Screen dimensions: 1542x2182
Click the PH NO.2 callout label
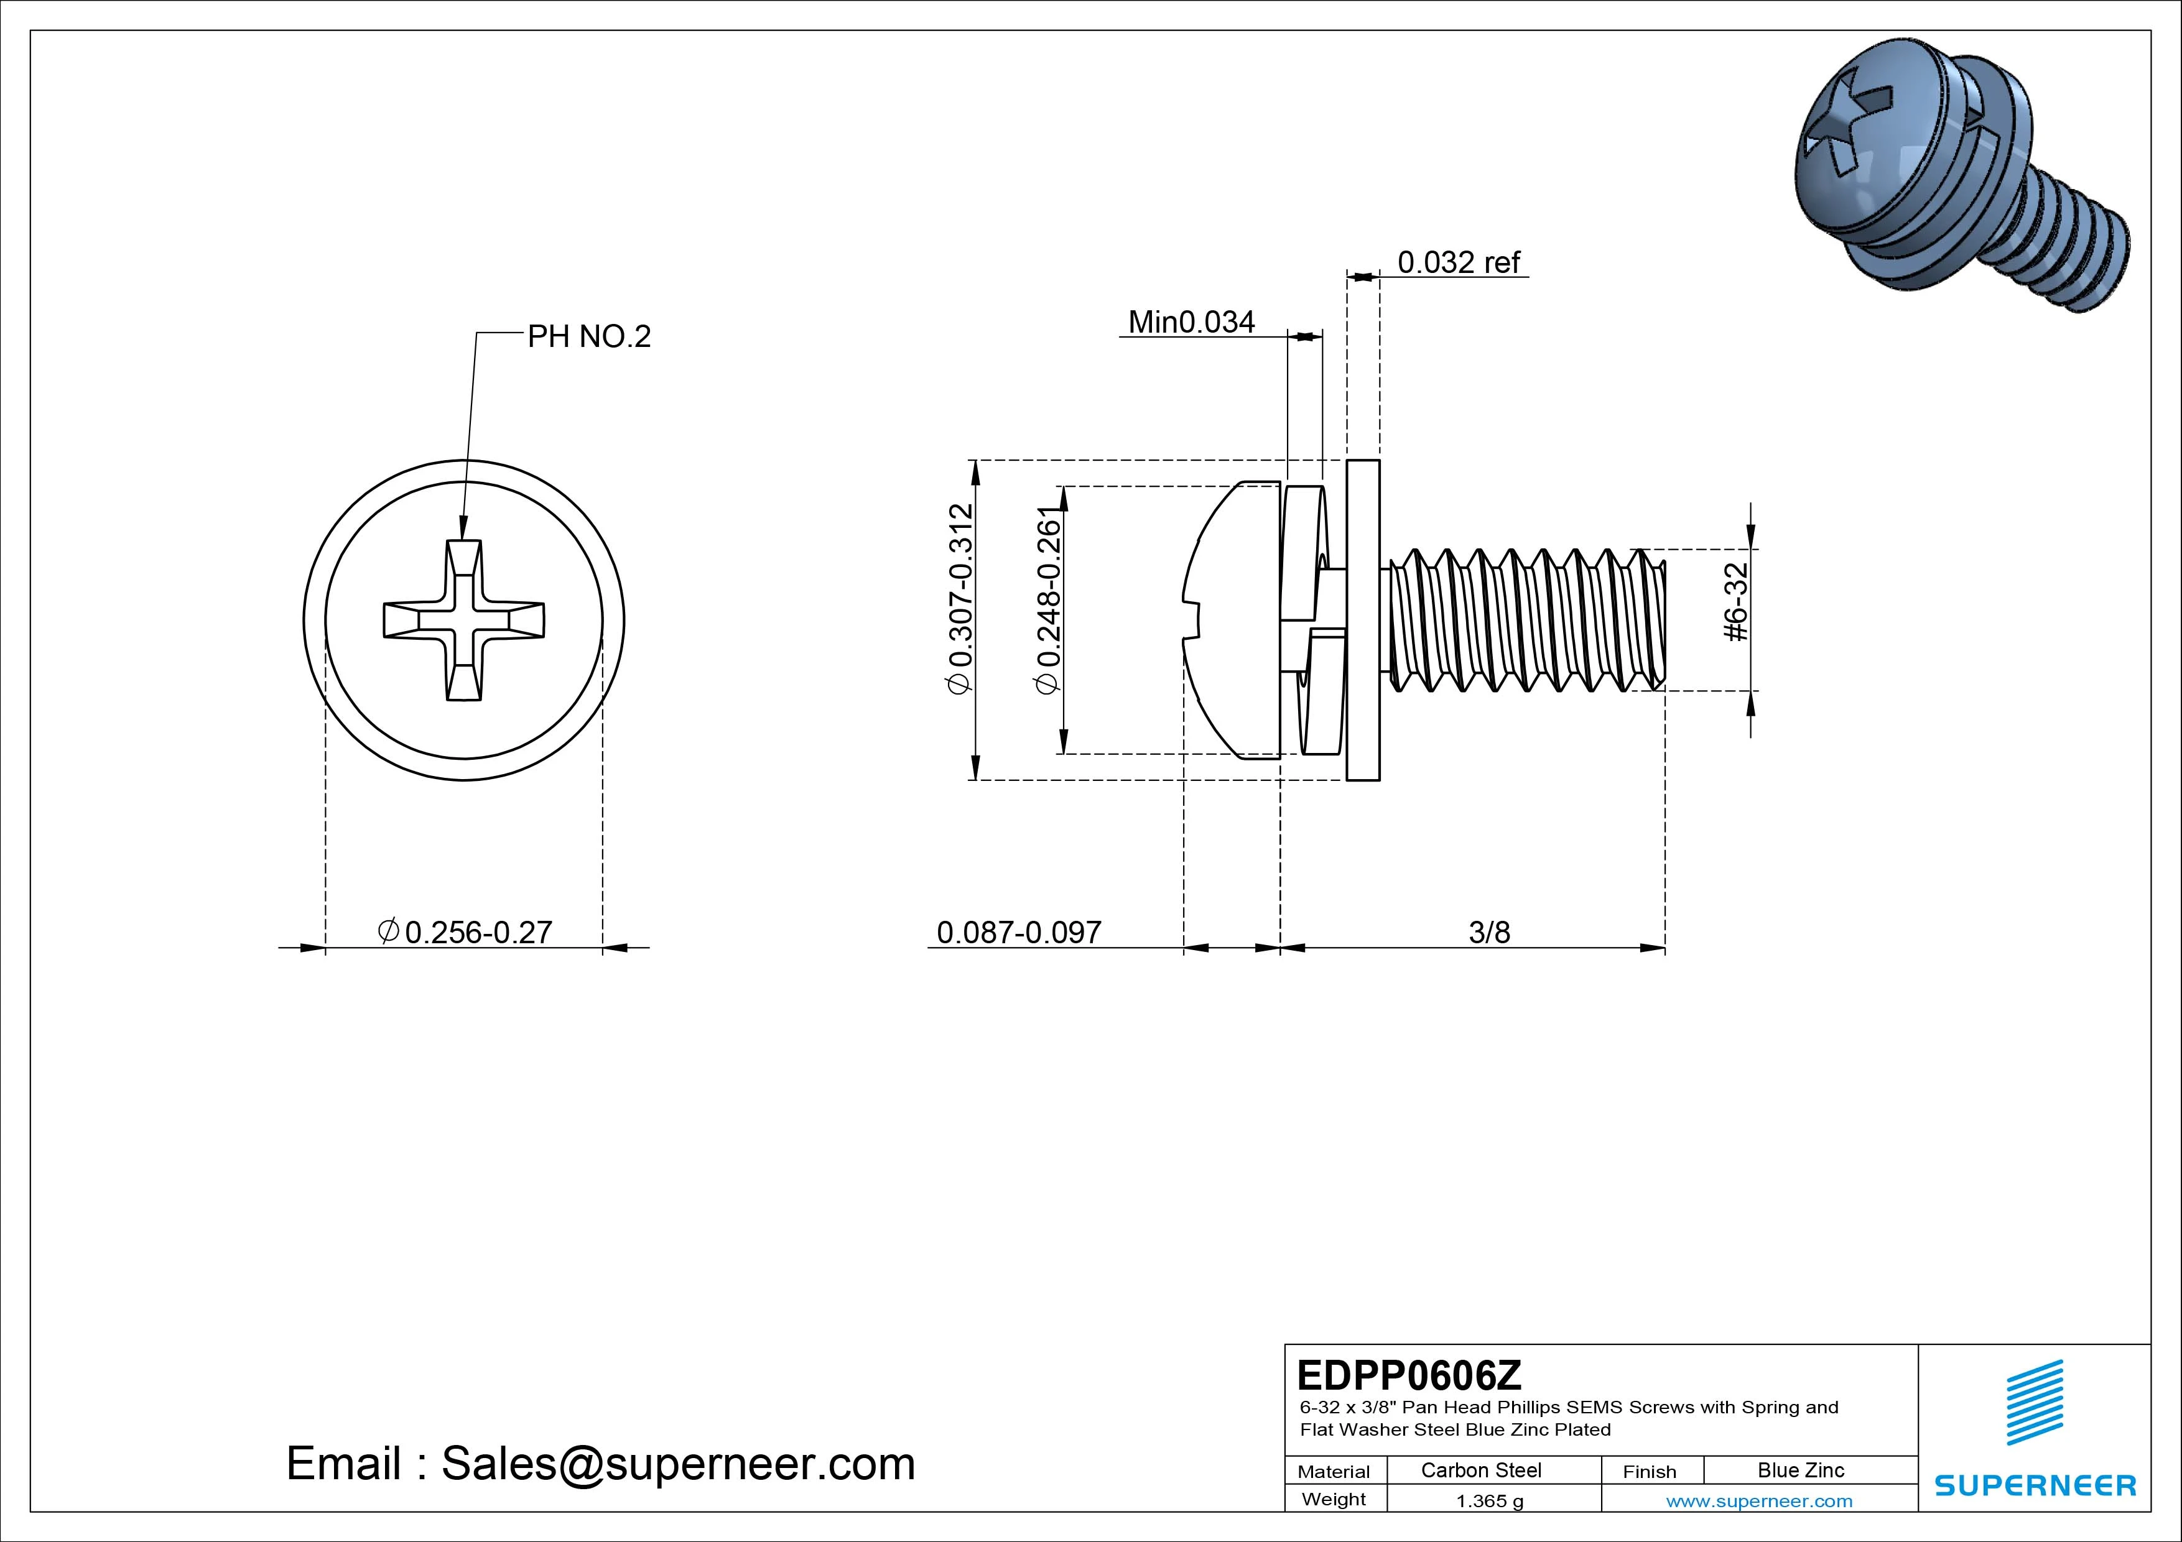coord(588,337)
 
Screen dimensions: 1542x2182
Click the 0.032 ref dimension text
coord(1458,262)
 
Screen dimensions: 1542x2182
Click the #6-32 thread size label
coord(1735,602)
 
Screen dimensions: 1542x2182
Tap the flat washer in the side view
coord(1363,619)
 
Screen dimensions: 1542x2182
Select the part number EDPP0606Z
coord(1408,1375)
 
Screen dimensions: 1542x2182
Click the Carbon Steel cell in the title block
coord(1480,1470)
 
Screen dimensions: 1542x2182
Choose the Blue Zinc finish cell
coord(1800,1470)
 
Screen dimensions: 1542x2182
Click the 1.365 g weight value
coord(1489,1501)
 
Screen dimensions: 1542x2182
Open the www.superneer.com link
coord(1758,1501)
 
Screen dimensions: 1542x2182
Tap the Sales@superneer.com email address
coord(677,1464)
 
